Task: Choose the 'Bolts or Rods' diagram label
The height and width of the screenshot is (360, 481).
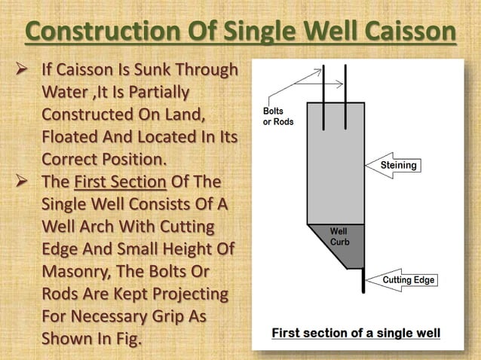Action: coord(278,116)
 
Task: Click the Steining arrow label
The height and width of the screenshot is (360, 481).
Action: coord(397,165)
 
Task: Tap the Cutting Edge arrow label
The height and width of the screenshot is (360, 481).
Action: coord(408,280)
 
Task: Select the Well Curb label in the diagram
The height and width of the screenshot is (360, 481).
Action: coord(340,236)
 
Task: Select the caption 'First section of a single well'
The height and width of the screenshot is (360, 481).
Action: coord(356,332)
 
